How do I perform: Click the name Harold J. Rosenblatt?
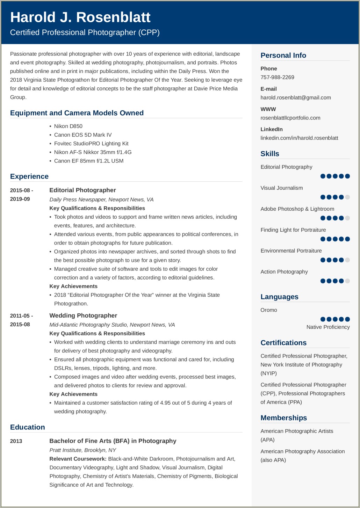[80, 17]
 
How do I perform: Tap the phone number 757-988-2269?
[277, 77]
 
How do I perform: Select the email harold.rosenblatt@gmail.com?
[295, 97]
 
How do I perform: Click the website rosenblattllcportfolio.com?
[290, 118]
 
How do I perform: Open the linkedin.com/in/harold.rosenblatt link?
[299, 138]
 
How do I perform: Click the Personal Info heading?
[283, 55]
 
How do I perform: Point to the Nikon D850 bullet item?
[68, 126]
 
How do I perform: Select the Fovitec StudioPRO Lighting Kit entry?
[91, 144]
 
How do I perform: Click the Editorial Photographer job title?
[82, 190]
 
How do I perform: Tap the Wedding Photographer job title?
[83, 315]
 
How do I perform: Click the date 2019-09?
[20, 199]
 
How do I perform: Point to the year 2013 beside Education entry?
[16, 441]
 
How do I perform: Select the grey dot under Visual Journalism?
[347, 197]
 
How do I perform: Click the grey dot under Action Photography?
[347, 281]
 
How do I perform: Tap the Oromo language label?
[268, 310]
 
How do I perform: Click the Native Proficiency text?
[328, 327]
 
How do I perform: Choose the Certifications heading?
[283, 343]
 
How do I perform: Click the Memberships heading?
[283, 418]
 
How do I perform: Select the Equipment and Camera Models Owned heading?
[77, 113]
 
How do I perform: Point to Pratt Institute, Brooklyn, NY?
[83, 450]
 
